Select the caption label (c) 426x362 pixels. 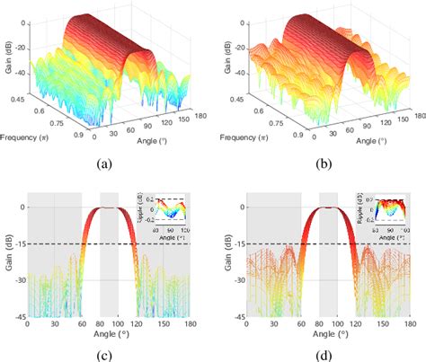[106, 353]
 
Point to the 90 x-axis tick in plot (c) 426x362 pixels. [109, 325]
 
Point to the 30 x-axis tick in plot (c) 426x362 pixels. [55, 325]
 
